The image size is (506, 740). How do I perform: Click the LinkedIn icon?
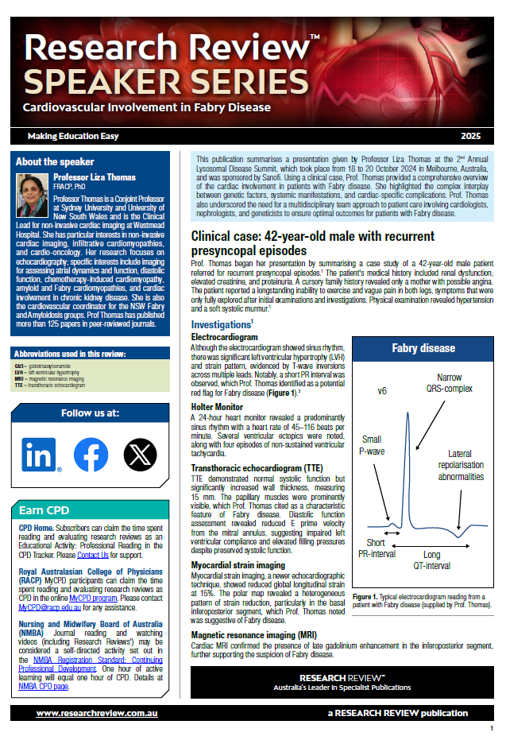[41, 454]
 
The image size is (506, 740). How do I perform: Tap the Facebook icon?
[91, 454]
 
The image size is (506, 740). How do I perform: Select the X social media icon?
[140, 454]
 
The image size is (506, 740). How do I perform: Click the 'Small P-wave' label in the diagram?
[371, 445]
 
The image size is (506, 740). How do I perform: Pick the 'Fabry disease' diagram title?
[423, 347]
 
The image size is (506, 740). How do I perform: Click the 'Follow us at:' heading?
[90, 413]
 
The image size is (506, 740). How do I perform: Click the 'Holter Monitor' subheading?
[218, 406]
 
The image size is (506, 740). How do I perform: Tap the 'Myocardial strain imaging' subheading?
[238, 565]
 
